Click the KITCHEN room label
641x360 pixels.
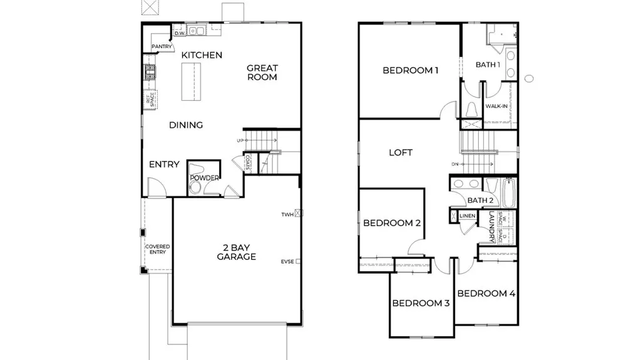coord(202,55)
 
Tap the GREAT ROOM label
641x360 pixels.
coord(262,73)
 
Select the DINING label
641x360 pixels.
coord(186,125)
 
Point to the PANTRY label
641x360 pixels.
coord(162,46)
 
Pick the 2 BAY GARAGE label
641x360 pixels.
coord(236,252)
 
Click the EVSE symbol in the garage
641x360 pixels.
coord(299,262)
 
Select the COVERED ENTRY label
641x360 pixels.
coord(157,249)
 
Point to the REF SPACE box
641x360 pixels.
coord(150,99)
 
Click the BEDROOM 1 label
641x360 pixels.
coord(410,71)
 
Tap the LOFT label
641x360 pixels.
coord(401,152)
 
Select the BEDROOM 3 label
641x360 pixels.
coord(421,304)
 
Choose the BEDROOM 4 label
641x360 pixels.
coord(486,293)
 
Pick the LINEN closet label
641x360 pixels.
coord(467,217)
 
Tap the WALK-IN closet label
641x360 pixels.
coord(496,106)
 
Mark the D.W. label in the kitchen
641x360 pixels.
coord(178,33)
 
